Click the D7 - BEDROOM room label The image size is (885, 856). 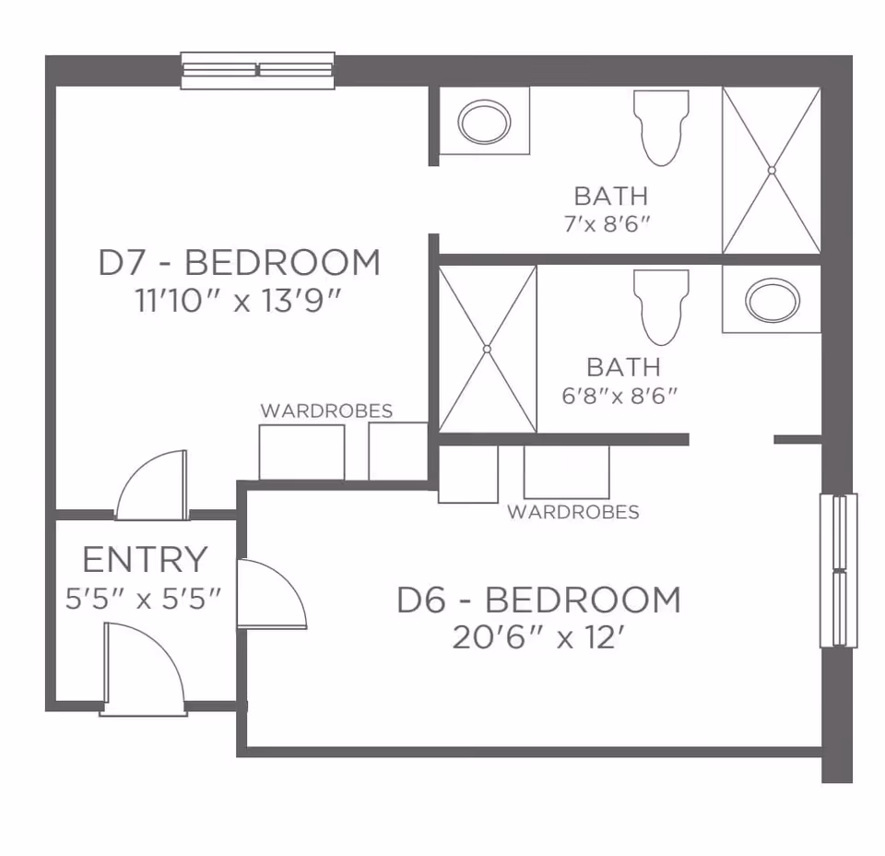click(x=239, y=263)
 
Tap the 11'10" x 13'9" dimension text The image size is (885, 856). click(x=239, y=302)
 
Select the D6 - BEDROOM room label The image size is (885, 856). click(x=538, y=600)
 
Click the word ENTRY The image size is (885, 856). click(x=145, y=560)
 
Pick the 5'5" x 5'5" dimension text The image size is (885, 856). click(x=145, y=599)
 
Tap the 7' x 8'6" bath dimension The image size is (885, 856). click(x=611, y=224)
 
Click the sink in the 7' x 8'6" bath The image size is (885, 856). click(x=484, y=122)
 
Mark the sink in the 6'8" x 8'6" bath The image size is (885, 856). click(x=772, y=300)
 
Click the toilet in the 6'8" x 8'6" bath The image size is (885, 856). click(x=661, y=307)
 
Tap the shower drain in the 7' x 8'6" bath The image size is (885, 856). click(x=772, y=170)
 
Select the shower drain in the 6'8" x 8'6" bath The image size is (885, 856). click(x=487, y=349)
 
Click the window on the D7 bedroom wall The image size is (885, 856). click(x=257, y=70)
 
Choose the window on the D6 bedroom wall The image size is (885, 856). click(x=838, y=570)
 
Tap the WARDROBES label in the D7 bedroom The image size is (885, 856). click(x=326, y=411)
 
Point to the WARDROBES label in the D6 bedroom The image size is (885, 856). click(x=572, y=512)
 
